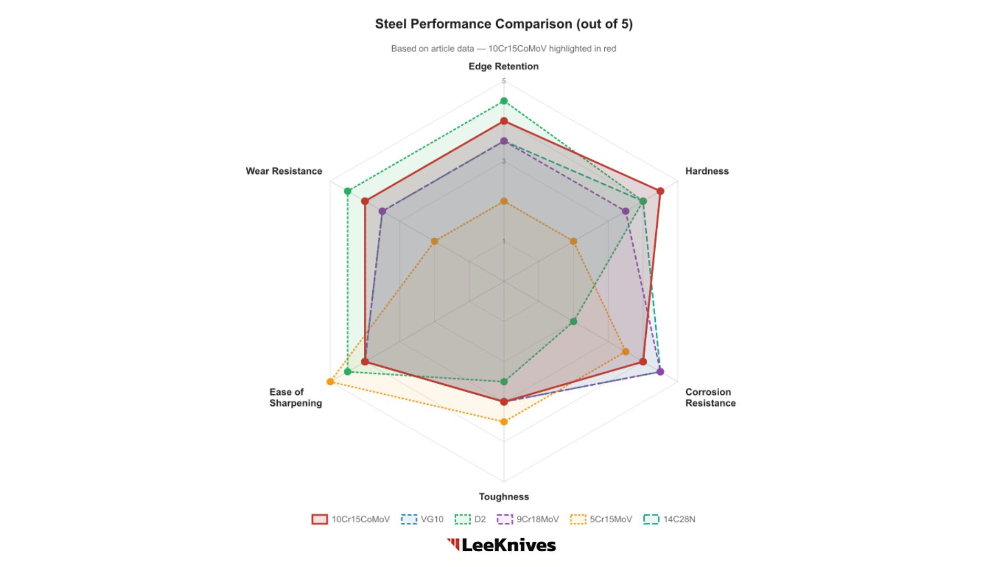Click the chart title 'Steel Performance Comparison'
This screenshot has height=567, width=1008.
(503, 24)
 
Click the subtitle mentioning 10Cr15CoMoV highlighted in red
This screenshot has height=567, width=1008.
(503, 49)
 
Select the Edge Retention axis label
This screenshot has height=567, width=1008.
(503, 67)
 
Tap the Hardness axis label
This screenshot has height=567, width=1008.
(707, 171)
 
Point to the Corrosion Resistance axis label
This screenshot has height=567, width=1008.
(710, 397)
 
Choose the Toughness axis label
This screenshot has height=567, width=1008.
(503, 497)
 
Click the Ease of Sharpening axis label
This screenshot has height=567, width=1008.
(296, 397)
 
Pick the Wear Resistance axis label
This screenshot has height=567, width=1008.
(284, 171)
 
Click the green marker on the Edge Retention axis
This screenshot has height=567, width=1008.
(504, 101)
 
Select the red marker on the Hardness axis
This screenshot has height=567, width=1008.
(660, 191)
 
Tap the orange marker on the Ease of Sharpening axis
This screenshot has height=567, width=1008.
(330, 382)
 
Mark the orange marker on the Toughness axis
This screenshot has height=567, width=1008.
(504, 422)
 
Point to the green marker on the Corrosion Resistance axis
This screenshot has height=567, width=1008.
(573, 321)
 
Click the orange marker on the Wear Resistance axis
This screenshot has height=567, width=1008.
(434, 241)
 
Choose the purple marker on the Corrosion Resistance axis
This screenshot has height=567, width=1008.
(660, 372)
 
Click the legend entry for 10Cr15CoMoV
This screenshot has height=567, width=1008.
(351, 519)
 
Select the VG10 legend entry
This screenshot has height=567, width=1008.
(422, 519)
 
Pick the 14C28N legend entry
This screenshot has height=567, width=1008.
(669, 519)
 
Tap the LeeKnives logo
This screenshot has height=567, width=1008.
(501, 545)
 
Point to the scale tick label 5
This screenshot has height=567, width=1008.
(503, 81)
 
